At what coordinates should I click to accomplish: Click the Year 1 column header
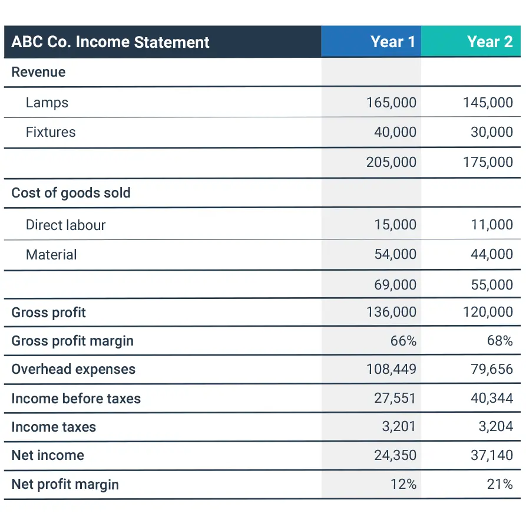(x=393, y=42)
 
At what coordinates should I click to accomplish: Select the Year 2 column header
(x=489, y=42)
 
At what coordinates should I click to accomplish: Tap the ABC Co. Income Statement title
(x=110, y=42)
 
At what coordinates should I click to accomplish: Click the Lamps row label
(x=47, y=103)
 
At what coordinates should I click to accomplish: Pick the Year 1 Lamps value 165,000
(x=391, y=103)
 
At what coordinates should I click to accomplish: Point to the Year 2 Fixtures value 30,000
(x=492, y=132)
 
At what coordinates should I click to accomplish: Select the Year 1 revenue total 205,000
(x=391, y=162)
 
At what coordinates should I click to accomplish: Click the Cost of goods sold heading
(x=71, y=193)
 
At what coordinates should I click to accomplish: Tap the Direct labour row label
(x=65, y=225)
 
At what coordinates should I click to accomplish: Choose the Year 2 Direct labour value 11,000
(x=492, y=225)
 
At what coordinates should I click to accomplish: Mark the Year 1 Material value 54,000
(x=395, y=255)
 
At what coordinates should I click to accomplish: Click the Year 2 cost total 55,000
(x=492, y=285)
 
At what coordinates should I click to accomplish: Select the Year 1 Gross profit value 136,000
(x=391, y=312)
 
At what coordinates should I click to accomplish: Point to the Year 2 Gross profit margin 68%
(x=500, y=341)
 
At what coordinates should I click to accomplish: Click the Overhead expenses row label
(x=73, y=370)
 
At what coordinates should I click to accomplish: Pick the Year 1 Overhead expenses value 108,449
(x=391, y=370)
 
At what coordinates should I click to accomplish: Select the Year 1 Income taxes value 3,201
(x=399, y=427)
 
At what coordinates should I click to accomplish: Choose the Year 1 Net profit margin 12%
(x=403, y=485)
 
